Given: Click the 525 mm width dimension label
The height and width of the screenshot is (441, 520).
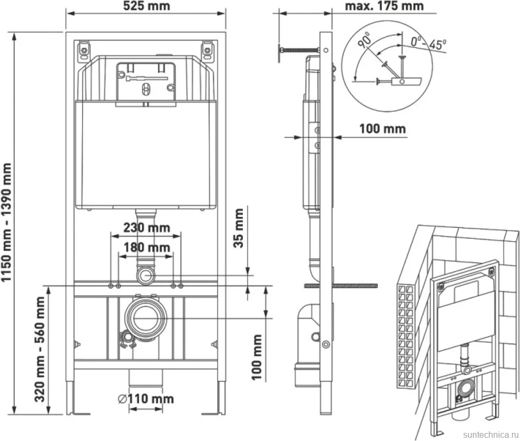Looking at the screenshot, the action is pyautogui.click(x=146, y=6).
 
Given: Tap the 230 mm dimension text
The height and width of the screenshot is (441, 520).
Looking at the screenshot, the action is pyautogui.click(x=146, y=228).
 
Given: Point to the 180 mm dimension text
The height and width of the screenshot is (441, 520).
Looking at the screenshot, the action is pyautogui.click(x=146, y=247).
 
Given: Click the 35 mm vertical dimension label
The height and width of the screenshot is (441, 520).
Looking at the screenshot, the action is pyautogui.click(x=239, y=228).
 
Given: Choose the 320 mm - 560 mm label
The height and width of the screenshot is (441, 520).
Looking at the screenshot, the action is pyautogui.click(x=40, y=349).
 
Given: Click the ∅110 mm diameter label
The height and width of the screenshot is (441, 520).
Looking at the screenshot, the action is pyautogui.click(x=146, y=399).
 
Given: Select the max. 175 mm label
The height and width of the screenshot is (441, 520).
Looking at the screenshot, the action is pyautogui.click(x=384, y=6).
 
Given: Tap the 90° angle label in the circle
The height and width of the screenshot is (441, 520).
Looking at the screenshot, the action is pyautogui.click(x=365, y=40).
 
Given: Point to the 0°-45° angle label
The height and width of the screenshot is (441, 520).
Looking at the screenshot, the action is pyautogui.click(x=428, y=43).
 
